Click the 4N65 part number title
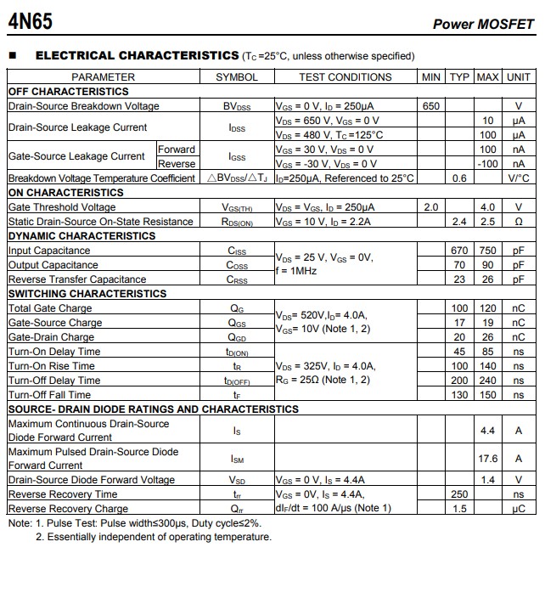(30, 20)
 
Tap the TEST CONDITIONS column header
(346, 77)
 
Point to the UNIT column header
(518, 77)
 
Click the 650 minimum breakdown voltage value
(430, 106)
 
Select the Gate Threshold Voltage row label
(62, 207)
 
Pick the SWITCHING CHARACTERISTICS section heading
(87, 294)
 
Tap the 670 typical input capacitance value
(459, 251)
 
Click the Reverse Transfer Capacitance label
(77, 279)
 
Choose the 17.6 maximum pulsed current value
(487, 459)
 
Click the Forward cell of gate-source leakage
(177, 149)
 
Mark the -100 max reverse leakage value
(487, 164)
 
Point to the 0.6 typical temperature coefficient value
(459, 178)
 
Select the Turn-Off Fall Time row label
(49, 395)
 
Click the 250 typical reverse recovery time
(459, 494)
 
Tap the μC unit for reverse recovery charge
(518, 509)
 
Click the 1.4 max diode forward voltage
(487, 480)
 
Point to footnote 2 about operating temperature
(154, 537)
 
